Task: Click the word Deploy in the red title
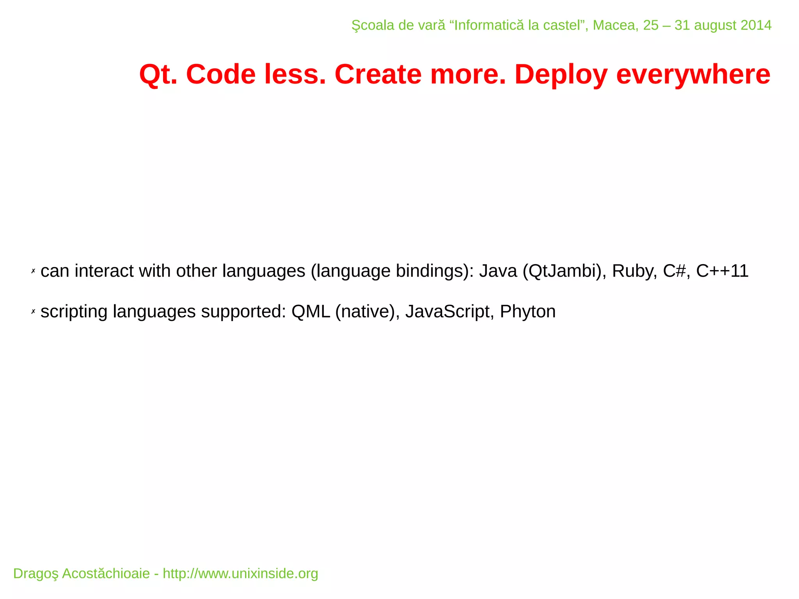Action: (561, 75)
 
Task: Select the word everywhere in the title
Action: (693, 75)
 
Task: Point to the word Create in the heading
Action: (378, 75)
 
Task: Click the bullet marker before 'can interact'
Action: (33, 271)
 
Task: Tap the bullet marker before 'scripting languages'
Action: (33, 312)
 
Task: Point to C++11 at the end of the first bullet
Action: (722, 271)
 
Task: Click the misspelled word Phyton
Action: (527, 312)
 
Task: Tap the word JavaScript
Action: (447, 312)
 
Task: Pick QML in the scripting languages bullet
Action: (311, 312)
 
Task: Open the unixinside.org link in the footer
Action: (240, 574)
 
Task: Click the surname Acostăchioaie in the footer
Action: (106, 574)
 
